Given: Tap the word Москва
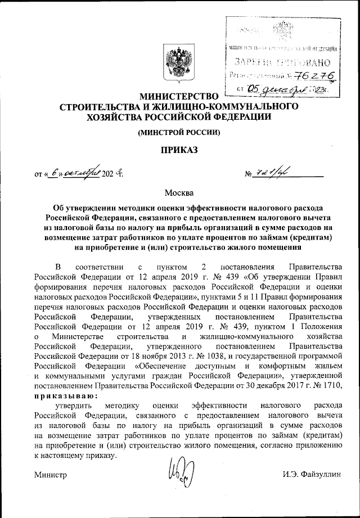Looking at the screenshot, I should [179, 193].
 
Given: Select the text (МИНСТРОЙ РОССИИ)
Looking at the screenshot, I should [179, 133].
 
